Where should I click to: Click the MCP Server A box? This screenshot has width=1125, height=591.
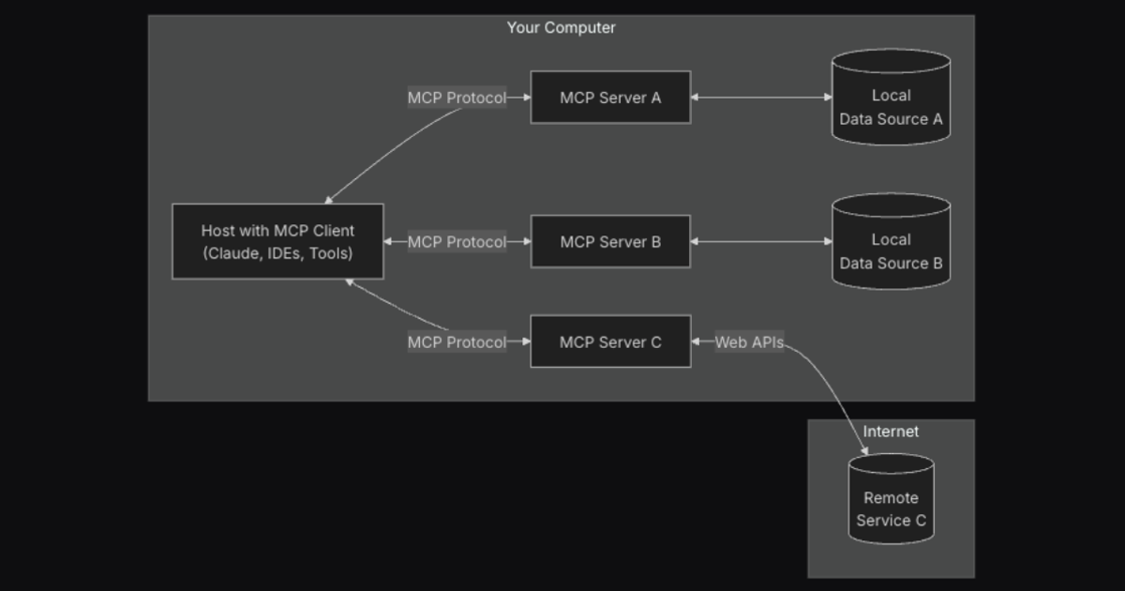610,98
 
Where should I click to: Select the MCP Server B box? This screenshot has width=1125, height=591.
610,242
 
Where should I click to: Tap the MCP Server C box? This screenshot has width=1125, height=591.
610,342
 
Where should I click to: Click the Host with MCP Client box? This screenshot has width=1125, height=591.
277,242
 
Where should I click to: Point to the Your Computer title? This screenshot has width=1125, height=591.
561,28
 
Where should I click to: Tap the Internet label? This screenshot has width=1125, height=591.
891,432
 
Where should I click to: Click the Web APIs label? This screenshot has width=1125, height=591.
749,342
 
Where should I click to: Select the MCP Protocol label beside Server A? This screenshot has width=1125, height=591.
457,98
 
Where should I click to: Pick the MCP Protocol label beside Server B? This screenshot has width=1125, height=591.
457,242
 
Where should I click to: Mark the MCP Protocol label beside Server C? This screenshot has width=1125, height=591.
457,342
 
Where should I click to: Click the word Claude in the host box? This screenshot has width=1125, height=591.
233,253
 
